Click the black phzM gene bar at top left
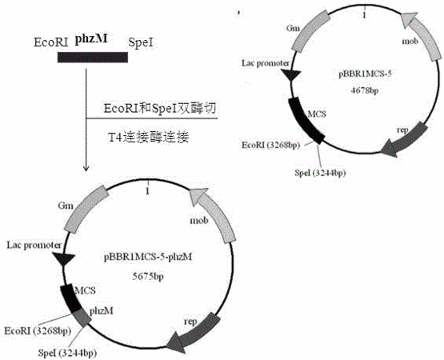[93, 58]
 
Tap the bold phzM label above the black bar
[91, 39]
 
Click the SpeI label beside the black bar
[141, 42]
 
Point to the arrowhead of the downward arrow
[86, 168]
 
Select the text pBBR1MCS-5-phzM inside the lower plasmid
[148, 257]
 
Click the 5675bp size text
[148, 276]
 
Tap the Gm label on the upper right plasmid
[293, 28]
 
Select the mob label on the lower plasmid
[199, 220]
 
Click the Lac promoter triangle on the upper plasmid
[291, 74]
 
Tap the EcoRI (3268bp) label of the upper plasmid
[271, 145]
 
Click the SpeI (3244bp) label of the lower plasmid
[67, 353]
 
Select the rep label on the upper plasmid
[402, 130]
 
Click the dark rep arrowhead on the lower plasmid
[176, 342]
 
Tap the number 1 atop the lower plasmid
[147, 191]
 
